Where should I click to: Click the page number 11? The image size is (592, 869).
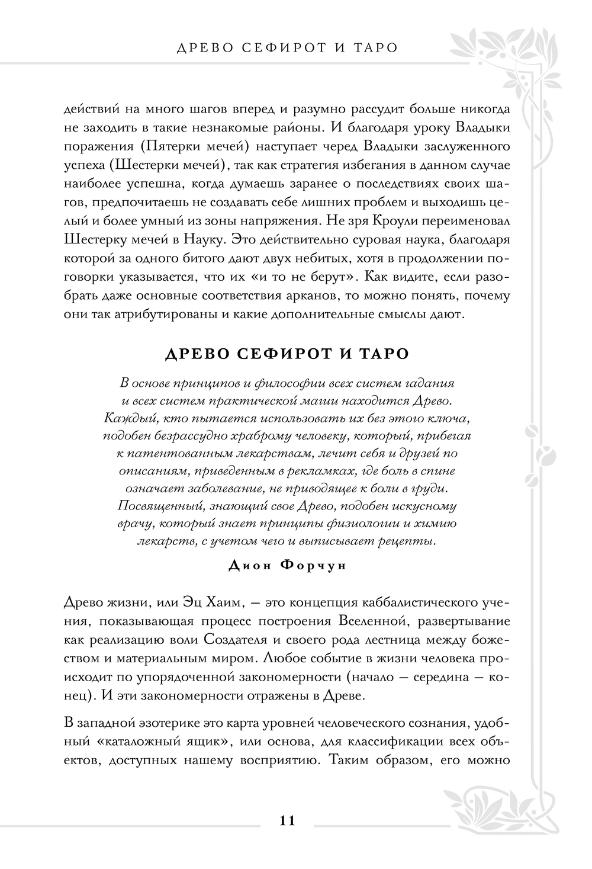coord(287,820)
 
